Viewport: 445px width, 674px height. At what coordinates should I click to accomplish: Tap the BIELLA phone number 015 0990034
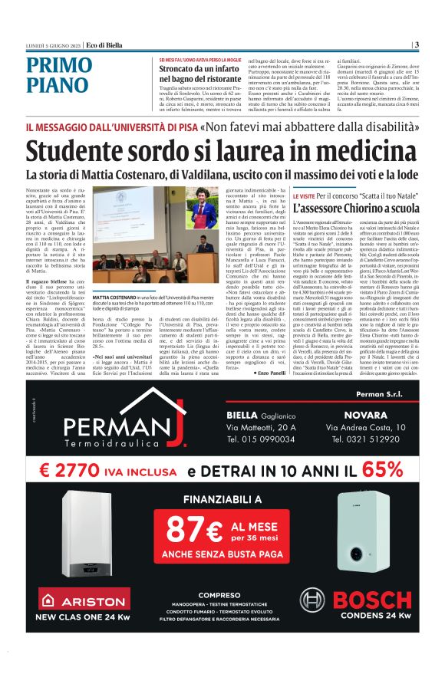261,439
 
